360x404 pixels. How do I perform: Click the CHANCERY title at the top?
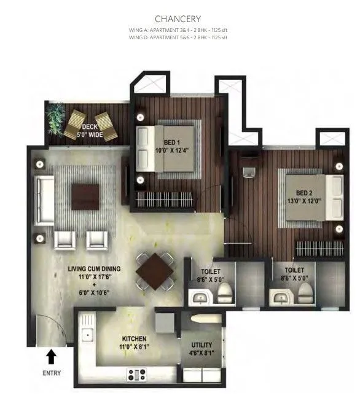tap(178, 19)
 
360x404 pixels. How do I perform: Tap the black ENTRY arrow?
tap(52, 355)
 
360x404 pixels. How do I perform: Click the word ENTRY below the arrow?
tap(52, 373)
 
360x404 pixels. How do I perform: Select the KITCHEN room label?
tap(134, 339)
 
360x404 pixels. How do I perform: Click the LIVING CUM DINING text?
tap(94, 269)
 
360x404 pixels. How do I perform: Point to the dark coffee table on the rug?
tap(84, 197)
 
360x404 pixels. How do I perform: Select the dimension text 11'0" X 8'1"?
tap(134, 348)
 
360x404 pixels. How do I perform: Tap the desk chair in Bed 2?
tap(250, 172)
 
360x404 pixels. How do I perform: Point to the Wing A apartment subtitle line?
tap(178, 29)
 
